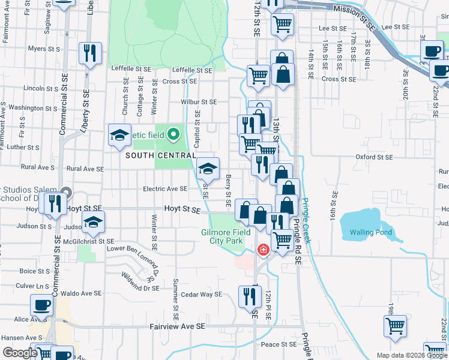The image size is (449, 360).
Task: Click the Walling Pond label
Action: (x=366, y=232)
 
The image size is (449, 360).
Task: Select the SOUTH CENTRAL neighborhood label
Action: (x=161, y=155)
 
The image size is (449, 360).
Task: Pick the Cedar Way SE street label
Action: (x=202, y=294)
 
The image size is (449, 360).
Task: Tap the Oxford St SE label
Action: (x=373, y=157)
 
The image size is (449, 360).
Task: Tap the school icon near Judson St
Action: (x=92, y=224)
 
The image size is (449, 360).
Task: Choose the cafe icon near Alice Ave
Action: (x=41, y=304)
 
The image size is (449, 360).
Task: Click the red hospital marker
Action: (x=263, y=249)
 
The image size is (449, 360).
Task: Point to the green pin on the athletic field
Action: (x=174, y=133)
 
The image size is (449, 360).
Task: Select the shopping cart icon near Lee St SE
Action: (x=282, y=24)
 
